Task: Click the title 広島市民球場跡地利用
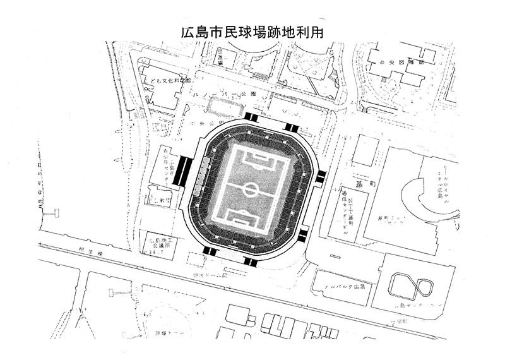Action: [252, 33]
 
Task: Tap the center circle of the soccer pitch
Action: [251, 188]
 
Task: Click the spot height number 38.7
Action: [154, 253]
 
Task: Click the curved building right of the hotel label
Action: [409, 199]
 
